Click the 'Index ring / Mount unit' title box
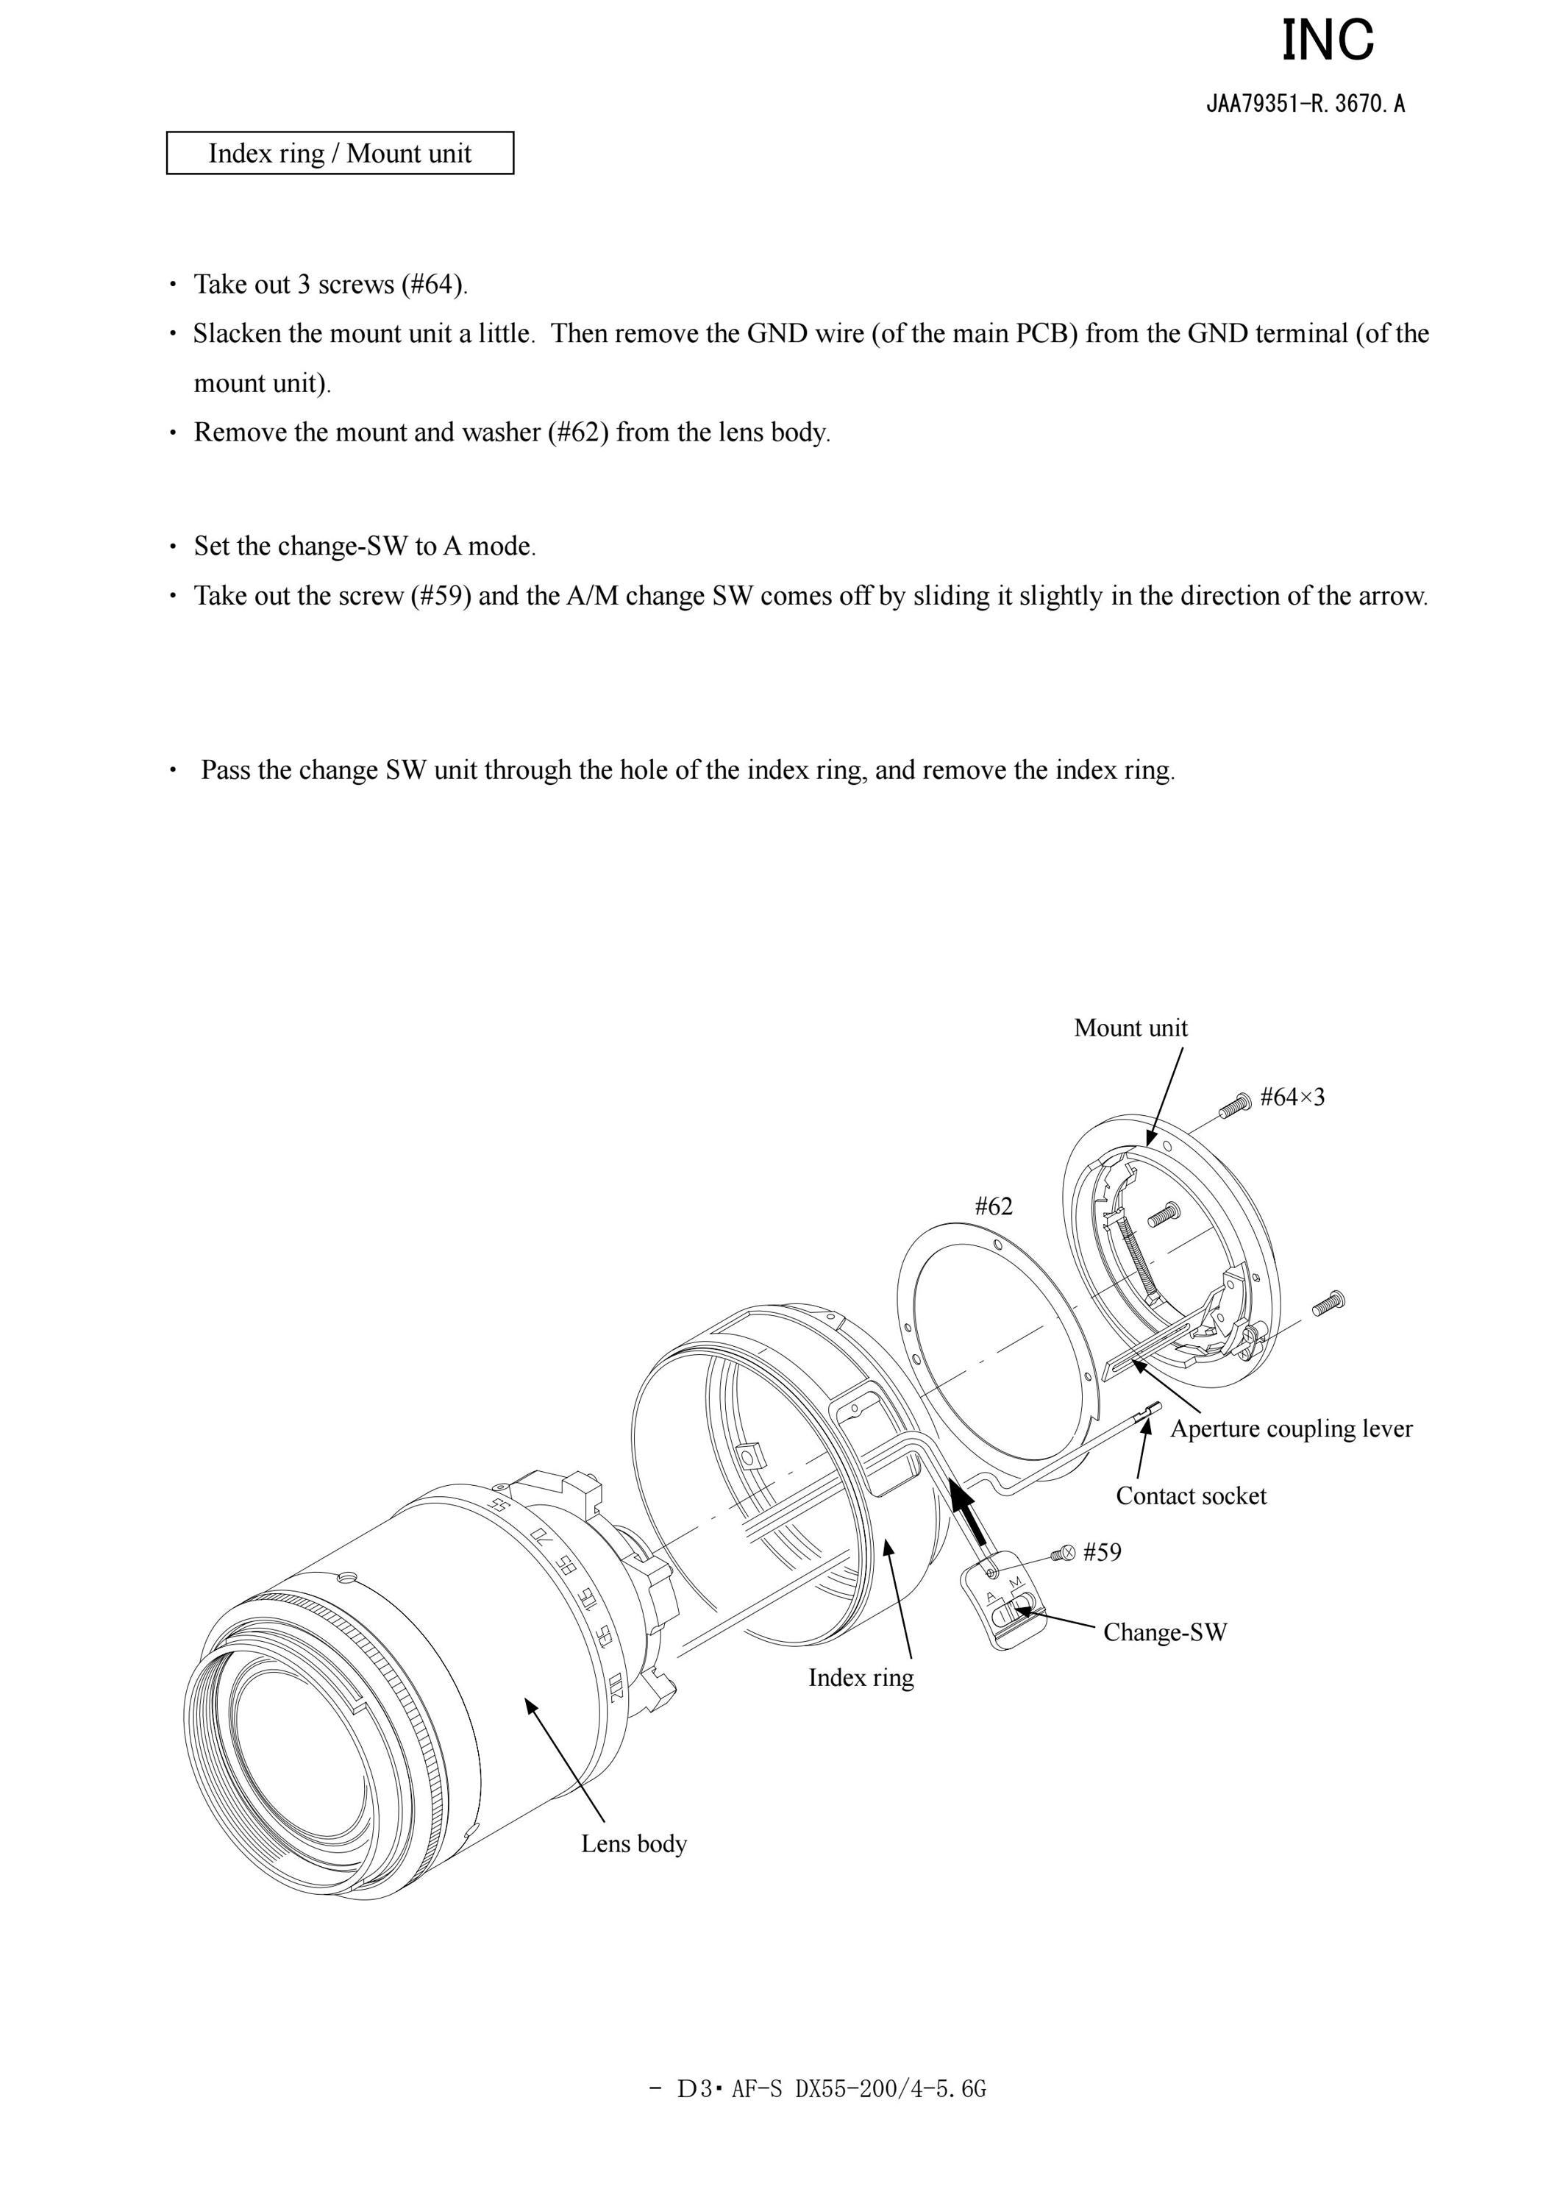point(340,153)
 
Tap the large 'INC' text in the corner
point(1328,40)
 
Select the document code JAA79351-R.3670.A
point(1306,104)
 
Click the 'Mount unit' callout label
point(1130,1028)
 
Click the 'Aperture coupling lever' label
point(1291,1428)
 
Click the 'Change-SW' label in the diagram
point(1165,1632)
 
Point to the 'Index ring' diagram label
point(861,1678)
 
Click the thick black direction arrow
point(969,1512)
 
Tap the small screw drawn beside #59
point(1064,1553)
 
